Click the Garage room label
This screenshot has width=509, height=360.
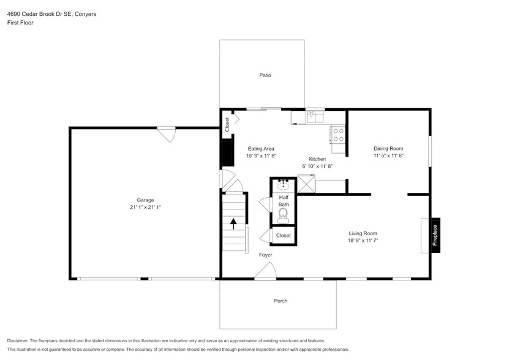145,200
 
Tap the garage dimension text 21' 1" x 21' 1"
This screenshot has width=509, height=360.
145,208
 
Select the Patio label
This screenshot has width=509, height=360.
265,75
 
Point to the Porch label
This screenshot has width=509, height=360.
281,301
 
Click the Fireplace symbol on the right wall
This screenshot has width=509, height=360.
435,235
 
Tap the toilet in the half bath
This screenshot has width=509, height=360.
283,214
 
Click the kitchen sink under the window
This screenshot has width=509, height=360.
315,116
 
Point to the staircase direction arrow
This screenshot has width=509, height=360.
233,223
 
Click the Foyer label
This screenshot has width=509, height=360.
265,255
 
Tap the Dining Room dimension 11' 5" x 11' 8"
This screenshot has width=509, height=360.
388,156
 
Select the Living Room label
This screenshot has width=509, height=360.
363,233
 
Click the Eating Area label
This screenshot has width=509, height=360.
261,149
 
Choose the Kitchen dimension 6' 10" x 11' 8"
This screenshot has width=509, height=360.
317,166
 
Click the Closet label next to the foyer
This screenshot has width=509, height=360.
283,236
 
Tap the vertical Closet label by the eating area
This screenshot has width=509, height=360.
227,125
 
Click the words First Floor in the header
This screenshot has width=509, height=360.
21,23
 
